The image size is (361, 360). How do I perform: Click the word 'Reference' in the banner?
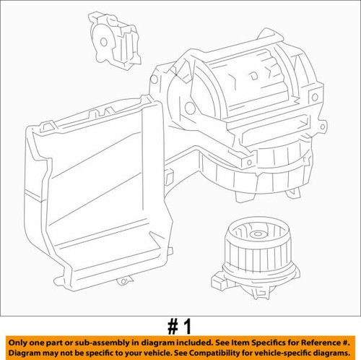(x=318, y=340)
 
